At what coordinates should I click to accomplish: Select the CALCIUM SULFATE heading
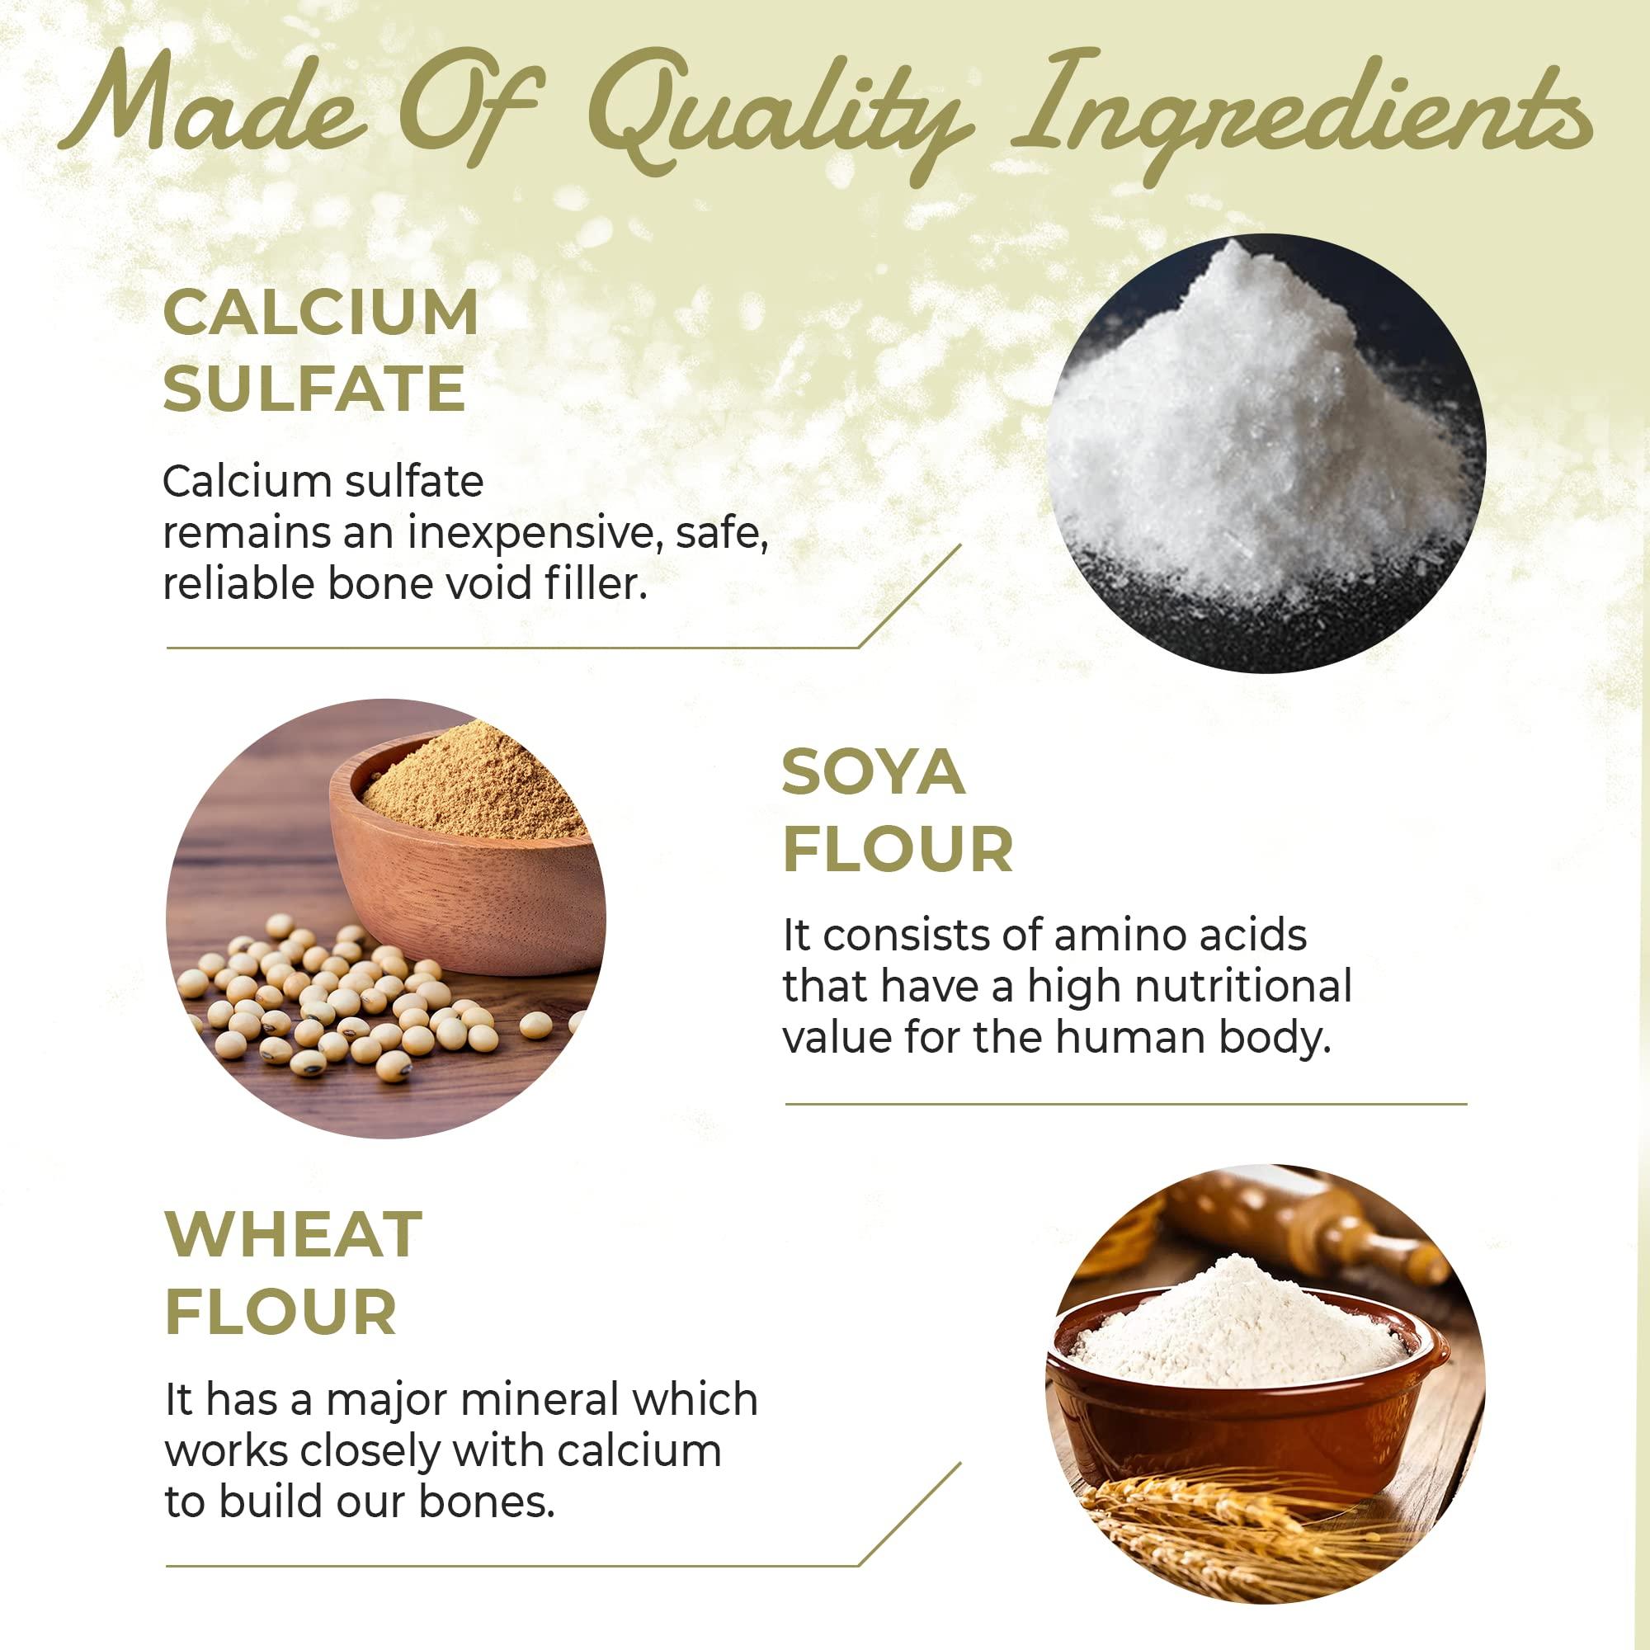[x=320, y=350]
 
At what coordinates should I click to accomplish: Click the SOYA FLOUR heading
[x=897, y=811]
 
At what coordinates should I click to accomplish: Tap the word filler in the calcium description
[x=594, y=585]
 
